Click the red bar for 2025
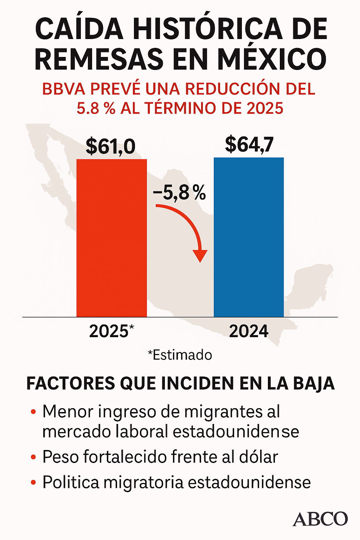click(111, 238)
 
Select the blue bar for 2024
click(249, 237)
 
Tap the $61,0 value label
click(110, 146)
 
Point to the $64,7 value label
click(249, 144)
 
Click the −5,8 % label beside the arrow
click(179, 193)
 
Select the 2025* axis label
click(111, 331)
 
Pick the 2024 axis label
click(249, 331)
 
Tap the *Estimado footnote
click(180, 355)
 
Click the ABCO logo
click(320, 519)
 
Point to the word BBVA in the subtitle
click(64, 89)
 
